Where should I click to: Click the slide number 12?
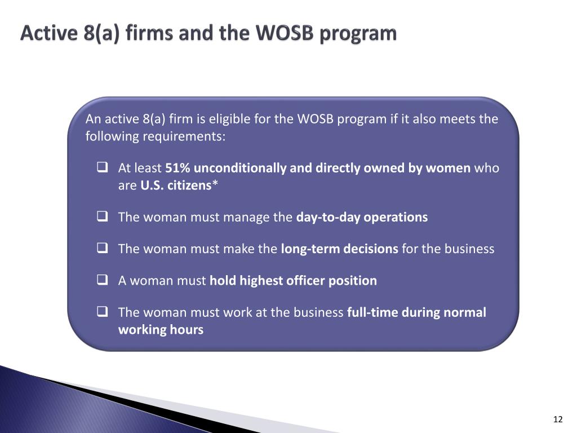(x=558, y=419)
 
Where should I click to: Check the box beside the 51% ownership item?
(x=103, y=167)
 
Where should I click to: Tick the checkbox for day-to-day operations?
(x=103, y=216)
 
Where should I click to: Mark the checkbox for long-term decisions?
(x=103, y=248)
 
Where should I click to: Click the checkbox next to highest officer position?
(x=103, y=280)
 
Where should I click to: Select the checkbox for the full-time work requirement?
(x=103, y=312)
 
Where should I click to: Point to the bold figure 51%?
(x=177, y=168)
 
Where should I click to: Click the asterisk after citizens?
(x=215, y=183)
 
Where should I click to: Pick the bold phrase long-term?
(x=310, y=249)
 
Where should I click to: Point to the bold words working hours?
(x=161, y=329)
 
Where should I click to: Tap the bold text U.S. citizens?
(x=176, y=185)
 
